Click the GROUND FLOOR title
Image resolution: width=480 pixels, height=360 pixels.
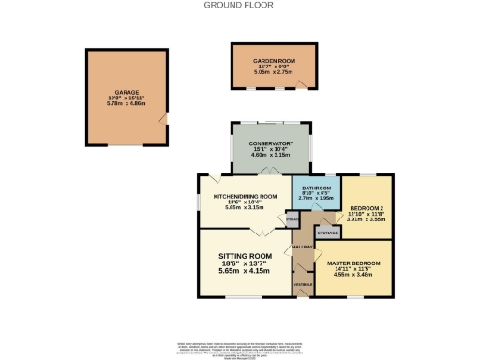[x=241, y=5]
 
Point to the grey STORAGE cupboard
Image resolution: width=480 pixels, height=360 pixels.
[x=327, y=231]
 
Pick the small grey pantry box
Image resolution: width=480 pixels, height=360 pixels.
[x=292, y=220]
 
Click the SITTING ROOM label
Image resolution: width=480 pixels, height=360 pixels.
[x=245, y=256]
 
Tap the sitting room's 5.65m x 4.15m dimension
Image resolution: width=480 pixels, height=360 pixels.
[x=245, y=271]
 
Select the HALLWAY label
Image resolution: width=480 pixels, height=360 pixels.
[x=303, y=246]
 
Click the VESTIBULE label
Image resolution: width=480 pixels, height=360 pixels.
[x=304, y=284]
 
